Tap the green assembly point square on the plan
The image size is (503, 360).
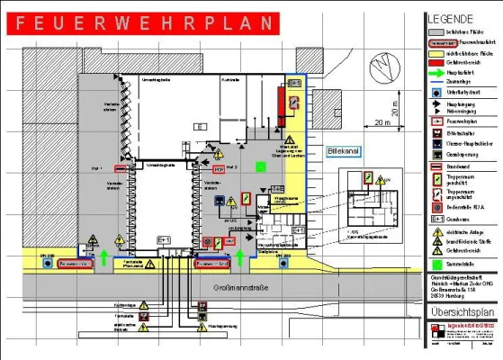click(x=261, y=166)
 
